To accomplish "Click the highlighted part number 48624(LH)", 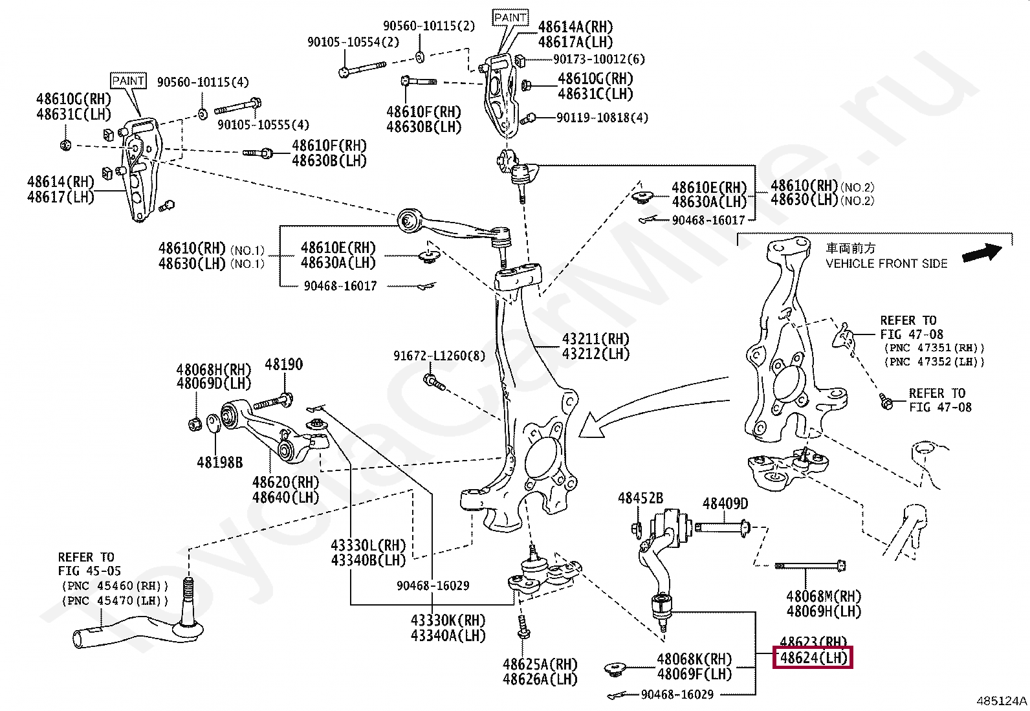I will [x=813, y=658].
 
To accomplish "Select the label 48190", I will [x=283, y=365].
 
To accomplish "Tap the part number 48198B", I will [x=220, y=463].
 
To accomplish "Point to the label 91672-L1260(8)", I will [x=439, y=356].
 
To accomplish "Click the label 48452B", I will [x=641, y=498].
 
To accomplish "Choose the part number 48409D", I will [x=725, y=503].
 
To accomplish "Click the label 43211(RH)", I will [x=595, y=339].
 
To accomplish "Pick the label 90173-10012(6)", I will [x=599, y=60].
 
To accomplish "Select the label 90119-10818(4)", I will [x=602, y=118].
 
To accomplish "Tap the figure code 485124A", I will [x=1002, y=701].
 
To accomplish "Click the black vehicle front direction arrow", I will [x=981, y=252].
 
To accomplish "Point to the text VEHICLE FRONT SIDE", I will [x=886, y=264].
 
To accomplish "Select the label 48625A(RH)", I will [x=540, y=664].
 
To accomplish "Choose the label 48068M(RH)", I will [x=824, y=596].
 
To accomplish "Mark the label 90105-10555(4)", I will [x=263, y=124].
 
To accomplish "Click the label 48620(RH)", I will [x=285, y=483].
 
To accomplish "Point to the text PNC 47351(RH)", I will [x=934, y=348].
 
